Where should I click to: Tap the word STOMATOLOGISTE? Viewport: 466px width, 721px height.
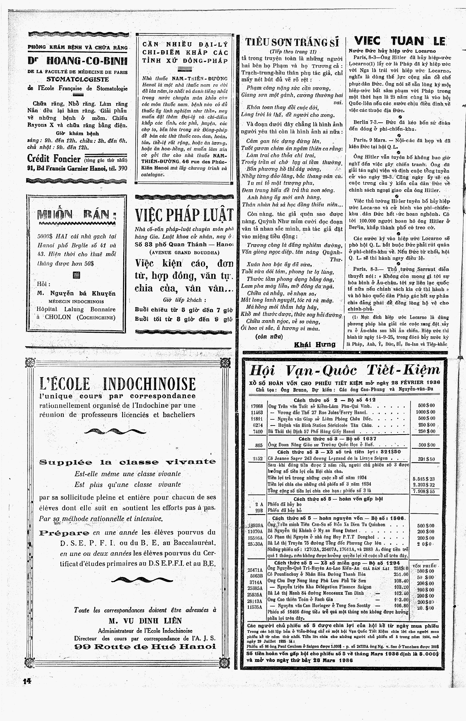click(x=77, y=80)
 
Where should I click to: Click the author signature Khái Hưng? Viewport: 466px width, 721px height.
click(x=315, y=344)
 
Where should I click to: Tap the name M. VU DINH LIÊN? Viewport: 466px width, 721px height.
click(x=145, y=621)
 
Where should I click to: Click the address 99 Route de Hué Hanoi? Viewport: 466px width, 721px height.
click(x=145, y=646)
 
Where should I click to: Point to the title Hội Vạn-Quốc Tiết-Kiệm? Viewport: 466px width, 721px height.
click(x=344, y=370)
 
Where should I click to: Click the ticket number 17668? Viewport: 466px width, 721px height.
click(x=257, y=406)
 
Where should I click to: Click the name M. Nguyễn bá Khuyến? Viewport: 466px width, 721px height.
click(x=76, y=293)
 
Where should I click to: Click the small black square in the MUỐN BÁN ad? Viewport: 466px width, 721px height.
click(x=76, y=275)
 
